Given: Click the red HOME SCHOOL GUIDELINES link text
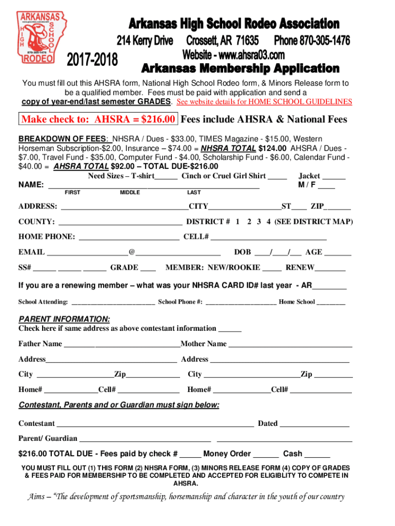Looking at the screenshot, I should pyautogui.click(x=264, y=102).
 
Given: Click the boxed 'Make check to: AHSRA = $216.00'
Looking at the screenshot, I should pyautogui.click(x=99, y=120).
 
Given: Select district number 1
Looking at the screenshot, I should pyautogui.click(x=238, y=222).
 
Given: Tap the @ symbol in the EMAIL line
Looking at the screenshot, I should pyautogui.click(x=132, y=252).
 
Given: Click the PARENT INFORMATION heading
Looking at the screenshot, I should pyautogui.click(x=64, y=318).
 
